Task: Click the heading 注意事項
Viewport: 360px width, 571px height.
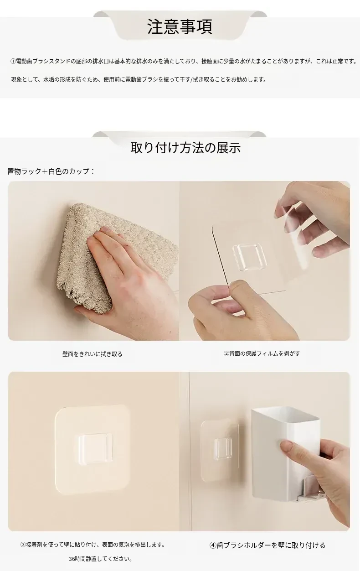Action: point(180,27)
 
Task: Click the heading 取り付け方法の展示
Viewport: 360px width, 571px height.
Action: point(185,148)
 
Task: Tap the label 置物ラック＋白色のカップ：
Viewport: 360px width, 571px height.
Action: point(51,171)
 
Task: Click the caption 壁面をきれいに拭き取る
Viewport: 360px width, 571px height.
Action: point(92,354)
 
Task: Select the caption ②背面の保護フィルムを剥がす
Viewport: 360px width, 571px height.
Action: point(262,353)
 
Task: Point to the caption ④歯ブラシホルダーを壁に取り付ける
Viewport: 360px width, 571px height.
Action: point(267,545)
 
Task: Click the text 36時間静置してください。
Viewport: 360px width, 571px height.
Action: point(101,559)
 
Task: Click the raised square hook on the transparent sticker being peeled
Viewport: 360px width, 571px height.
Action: point(250,257)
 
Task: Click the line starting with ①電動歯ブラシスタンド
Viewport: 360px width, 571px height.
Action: point(184,61)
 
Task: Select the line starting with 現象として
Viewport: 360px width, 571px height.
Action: point(139,79)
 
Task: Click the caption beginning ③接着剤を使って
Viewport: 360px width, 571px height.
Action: point(93,545)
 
